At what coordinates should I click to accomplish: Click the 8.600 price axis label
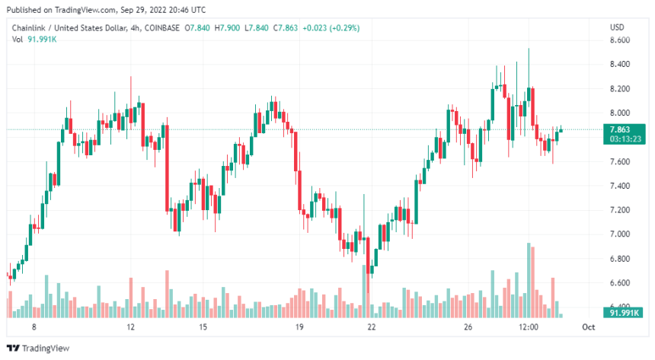[619, 40]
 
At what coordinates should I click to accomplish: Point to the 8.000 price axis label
[619, 113]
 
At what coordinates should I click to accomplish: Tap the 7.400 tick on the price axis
[619, 186]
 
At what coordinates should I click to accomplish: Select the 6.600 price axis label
[619, 283]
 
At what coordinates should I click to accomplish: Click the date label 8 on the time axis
[34, 327]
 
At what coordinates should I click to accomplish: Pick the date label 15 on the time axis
[203, 327]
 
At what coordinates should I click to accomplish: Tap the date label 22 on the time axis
[372, 327]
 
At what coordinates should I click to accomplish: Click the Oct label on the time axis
[588, 327]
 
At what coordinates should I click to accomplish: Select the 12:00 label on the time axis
[529, 327]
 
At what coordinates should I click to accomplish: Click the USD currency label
[617, 27]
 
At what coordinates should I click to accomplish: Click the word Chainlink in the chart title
[28, 28]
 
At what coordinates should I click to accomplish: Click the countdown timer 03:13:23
[624, 139]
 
